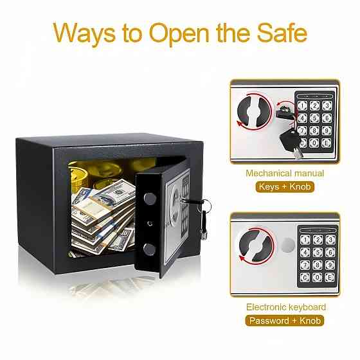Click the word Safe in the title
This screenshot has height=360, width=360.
click(x=282, y=33)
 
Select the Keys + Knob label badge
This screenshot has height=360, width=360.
click(x=285, y=186)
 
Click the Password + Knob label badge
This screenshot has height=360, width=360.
click(x=285, y=321)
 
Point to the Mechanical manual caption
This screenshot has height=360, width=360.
click(x=285, y=173)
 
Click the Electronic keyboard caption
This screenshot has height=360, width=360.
click(x=286, y=307)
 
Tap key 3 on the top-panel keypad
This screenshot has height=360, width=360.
click(x=327, y=105)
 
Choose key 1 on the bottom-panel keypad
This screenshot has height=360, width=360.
click(x=305, y=240)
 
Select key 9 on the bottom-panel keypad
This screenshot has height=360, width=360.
click(x=330, y=265)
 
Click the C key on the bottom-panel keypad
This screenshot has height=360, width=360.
click(x=305, y=277)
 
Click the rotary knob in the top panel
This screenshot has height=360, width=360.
click(x=254, y=112)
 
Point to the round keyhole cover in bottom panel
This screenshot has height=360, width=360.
click(x=288, y=245)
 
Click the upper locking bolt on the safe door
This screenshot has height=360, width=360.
click(x=150, y=199)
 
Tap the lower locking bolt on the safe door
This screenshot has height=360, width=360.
click(x=149, y=249)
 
